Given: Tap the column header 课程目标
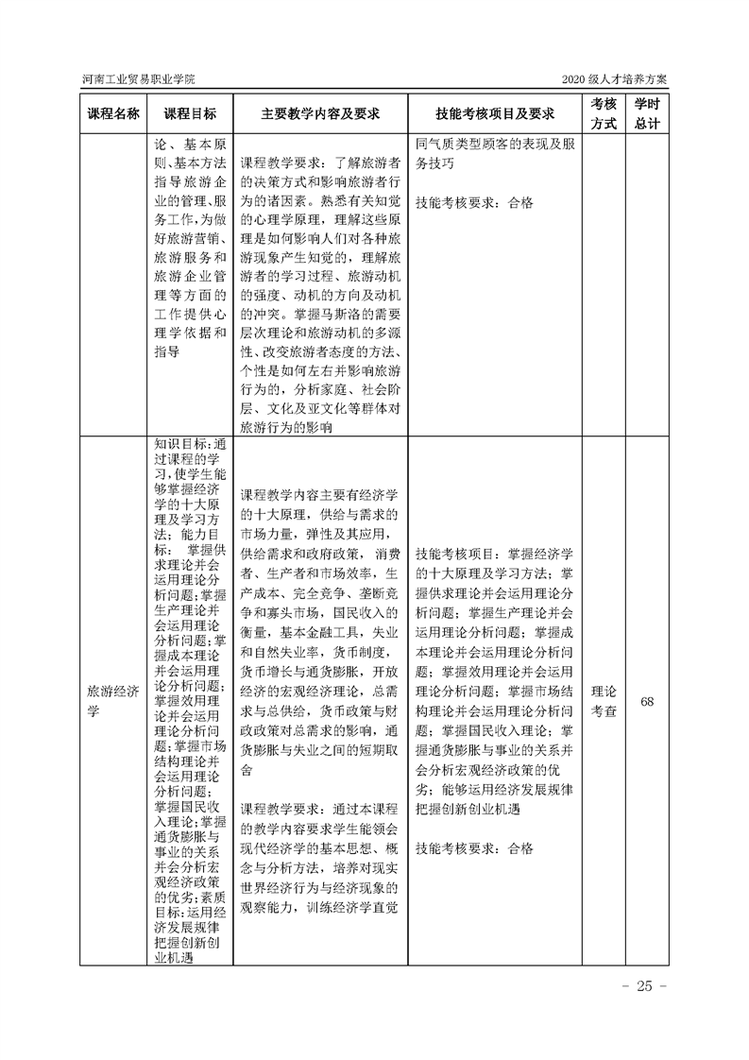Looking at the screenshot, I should (x=189, y=113).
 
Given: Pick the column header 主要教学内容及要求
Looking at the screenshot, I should (x=320, y=113).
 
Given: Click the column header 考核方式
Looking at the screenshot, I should (x=604, y=113).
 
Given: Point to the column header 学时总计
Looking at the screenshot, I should (x=647, y=113).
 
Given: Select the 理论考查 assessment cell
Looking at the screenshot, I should (x=604, y=701).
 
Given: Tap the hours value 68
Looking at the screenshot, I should (x=647, y=701).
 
